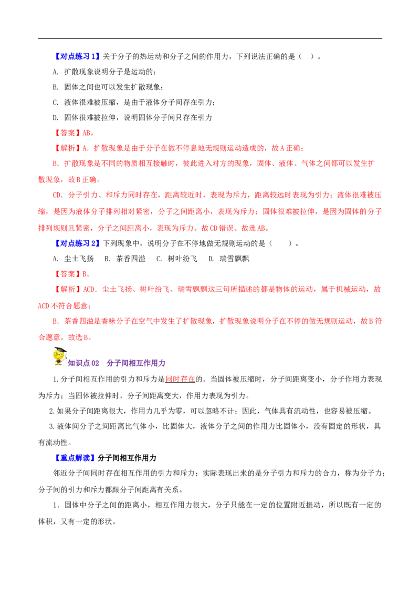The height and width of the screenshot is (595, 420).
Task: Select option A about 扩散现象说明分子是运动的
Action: tap(104, 71)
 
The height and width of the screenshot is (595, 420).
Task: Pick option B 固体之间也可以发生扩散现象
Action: tap(108, 87)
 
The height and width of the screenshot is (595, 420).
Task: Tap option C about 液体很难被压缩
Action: tap(134, 102)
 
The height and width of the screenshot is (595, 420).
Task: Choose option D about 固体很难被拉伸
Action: tap(132, 118)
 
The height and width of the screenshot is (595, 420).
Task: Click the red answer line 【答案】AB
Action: tap(73, 133)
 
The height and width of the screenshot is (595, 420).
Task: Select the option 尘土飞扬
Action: tap(73, 259)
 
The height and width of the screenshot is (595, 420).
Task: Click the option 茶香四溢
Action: tap(125, 259)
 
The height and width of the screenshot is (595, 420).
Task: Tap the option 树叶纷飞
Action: tap(176, 259)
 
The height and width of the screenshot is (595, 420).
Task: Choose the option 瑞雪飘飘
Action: tap(228, 259)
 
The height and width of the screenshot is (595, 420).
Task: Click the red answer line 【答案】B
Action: tap(71, 274)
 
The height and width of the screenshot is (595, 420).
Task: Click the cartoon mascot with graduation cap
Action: tap(59, 356)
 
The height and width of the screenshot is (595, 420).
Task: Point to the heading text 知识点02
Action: tap(83, 363)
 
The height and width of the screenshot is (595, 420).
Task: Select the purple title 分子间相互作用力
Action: tap(136, 363)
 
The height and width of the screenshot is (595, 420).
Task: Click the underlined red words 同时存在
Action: tap(181, 379)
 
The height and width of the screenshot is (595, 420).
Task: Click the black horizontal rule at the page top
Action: tap(210, 38)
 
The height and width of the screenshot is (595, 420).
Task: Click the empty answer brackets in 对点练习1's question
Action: tap(307, 57)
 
